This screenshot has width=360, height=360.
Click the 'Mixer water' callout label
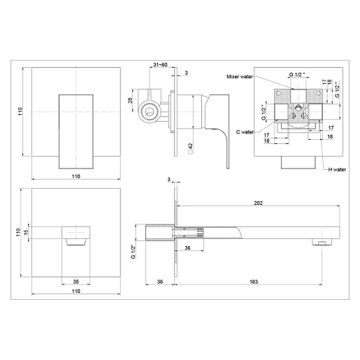tap(240, 76)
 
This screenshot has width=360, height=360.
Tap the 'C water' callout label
tap(245, 132)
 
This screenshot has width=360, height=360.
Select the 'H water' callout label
tap(337, 170)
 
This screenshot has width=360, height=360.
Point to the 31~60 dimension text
tap(160, 64)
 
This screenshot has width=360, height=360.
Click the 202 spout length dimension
tap(258, 203)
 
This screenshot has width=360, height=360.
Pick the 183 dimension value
tap(254, 282)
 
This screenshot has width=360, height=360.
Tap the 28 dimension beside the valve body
tap(131, 100)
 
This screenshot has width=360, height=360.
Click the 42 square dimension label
tap(190, 148)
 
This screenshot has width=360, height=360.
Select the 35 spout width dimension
tap(76, 282)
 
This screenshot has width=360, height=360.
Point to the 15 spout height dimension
tap(26, 232)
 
